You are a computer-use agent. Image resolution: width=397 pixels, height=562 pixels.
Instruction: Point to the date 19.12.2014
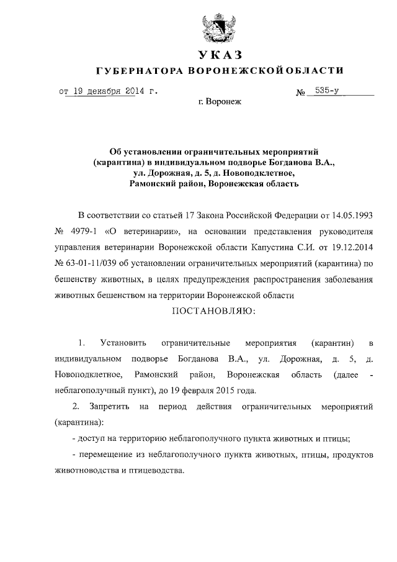[x=352, y=248]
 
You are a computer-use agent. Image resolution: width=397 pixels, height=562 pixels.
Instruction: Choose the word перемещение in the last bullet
[x=112, y=455]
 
